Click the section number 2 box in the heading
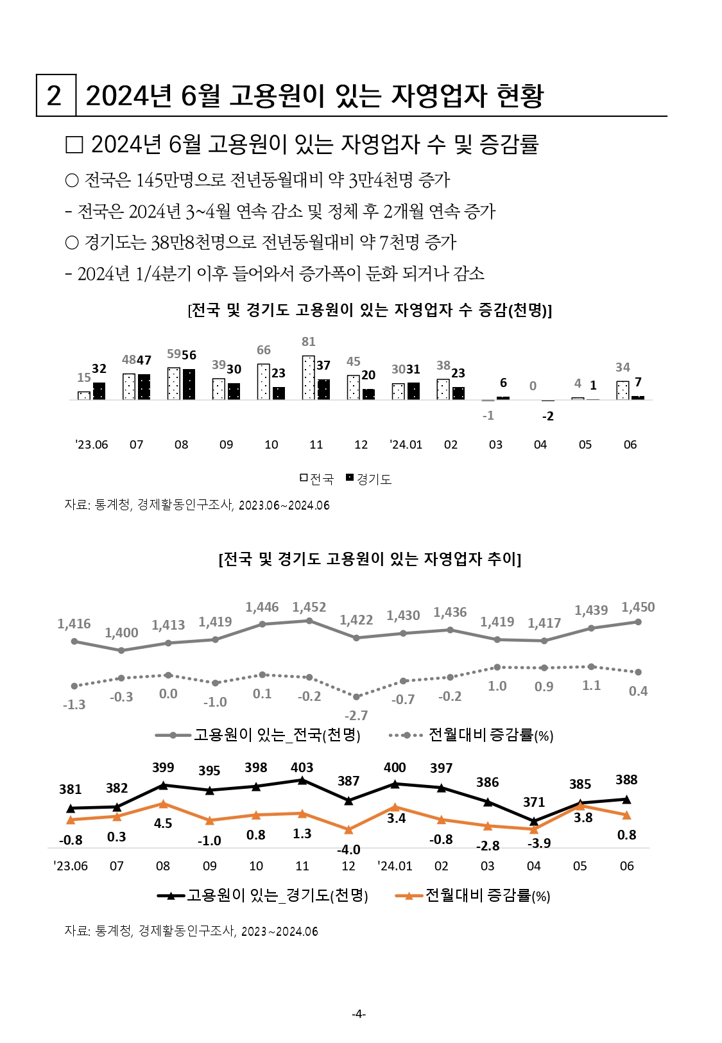[x=55, y=96]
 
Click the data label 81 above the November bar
[x=309, y=341]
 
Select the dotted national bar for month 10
[x=263, y=381]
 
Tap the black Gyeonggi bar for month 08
[x=189, y=384]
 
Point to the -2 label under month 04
[x=547, y=416]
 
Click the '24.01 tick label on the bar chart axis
[x=406, y=444]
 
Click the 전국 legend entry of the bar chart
[x=317, y=479]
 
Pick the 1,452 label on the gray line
[x=309, y=607]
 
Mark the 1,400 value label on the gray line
[x=121, y=633]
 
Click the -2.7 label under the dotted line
[x=356, y=715]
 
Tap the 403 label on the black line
[x=302, y=767]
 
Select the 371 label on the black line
[x=534, y=802]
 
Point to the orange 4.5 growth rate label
[x=163, y=823]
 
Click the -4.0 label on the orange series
[x=348, y=849]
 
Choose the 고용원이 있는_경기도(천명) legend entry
[x=263, y=895]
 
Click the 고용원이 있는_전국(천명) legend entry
[x=259, y=735]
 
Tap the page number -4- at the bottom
[x=359, y=1013]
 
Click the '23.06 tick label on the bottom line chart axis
[x=71, y=866]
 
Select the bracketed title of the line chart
[x=370, y=559]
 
